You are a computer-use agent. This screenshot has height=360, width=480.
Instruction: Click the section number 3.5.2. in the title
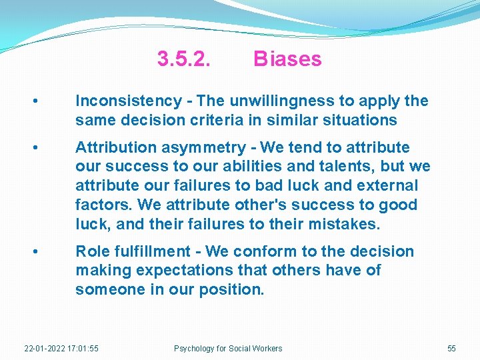(184, 59)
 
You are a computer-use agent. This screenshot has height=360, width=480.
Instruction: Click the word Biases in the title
(287, 59)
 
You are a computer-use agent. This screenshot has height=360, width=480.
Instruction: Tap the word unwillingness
(283, 101)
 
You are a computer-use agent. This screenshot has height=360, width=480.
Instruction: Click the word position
(231, 290)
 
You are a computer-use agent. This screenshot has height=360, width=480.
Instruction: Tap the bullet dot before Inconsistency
(35, 102)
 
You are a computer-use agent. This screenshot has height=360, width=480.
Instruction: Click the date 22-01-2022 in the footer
(44, 349)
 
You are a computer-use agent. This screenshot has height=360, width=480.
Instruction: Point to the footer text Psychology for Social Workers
(228, 349)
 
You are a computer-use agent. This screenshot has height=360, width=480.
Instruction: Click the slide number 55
(451, 349)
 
